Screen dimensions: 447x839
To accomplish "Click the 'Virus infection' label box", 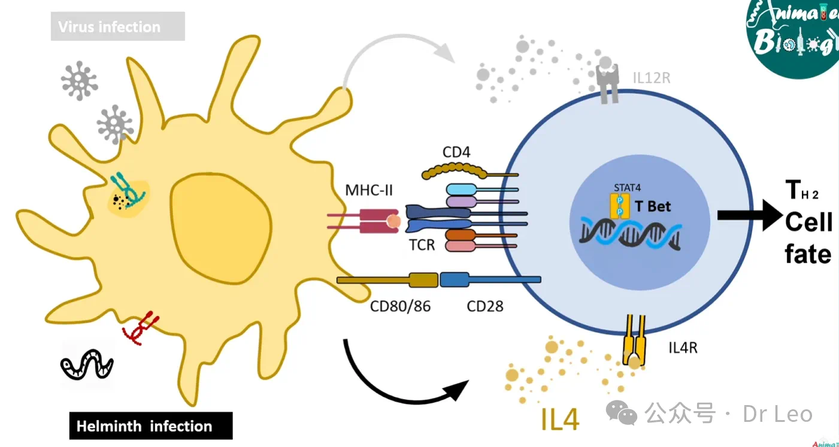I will tap(117, 27).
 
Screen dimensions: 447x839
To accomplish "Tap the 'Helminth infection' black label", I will tap(150, 426).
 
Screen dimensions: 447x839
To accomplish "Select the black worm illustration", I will tap(87, 364).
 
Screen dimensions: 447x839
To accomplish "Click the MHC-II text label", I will tap(369, 191).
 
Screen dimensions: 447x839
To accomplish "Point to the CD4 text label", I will tap(456, 152).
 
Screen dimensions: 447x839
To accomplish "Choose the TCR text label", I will tap(422, 245).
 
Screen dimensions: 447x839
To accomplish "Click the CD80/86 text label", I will tap(400, 307).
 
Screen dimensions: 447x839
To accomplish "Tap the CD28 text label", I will tap(485, 307).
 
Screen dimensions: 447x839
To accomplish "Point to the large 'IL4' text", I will tap(560, 419).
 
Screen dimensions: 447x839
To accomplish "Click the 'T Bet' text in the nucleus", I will tap(653, 206).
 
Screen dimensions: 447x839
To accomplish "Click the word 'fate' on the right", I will tap(808, 254).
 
